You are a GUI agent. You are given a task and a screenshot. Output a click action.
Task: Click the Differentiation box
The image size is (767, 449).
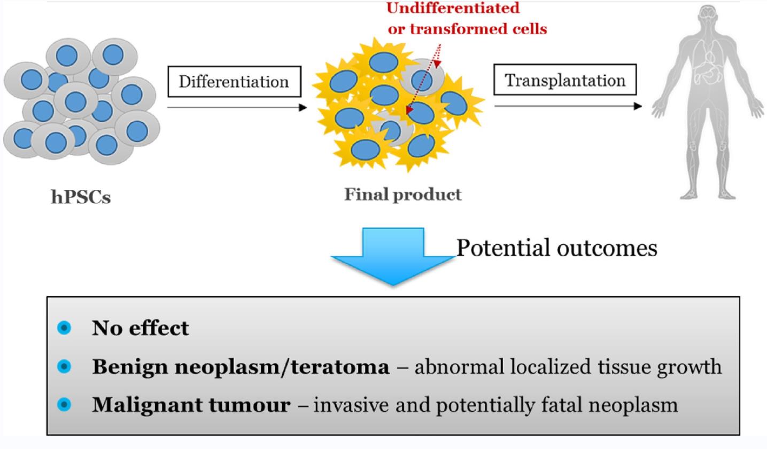(234, 82)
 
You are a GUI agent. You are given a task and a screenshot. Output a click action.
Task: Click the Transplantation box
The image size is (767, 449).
(565, 80)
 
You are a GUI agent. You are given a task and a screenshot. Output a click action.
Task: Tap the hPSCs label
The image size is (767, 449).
(81, 197)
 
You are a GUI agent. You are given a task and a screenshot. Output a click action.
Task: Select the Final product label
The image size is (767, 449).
(402, 194)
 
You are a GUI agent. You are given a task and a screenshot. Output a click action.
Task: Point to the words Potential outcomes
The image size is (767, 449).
(556, 248)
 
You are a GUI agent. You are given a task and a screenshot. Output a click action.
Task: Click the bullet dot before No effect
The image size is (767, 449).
(64, 327)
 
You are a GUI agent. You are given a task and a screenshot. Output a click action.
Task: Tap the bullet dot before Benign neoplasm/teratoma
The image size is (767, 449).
(64, 366)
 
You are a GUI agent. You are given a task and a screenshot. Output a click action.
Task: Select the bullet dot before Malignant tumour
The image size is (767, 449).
(64, 405)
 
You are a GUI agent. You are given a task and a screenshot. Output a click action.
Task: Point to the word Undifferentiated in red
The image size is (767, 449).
(453, 8)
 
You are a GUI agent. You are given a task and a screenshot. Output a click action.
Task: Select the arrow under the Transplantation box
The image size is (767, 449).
(568, 106)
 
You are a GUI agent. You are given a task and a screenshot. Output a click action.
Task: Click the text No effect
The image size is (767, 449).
(140, 328)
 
